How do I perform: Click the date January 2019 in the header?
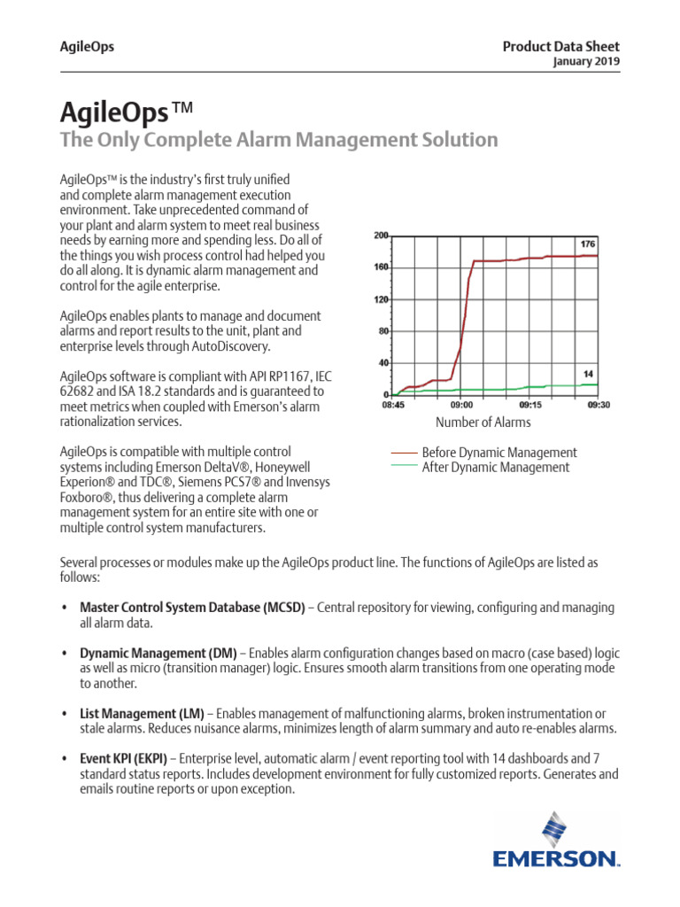click(x=586, y=62)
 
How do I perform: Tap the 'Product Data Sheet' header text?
click(x=561, y=47)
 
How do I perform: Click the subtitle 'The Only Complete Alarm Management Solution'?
click(x=278, y=140)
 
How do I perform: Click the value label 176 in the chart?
click(x=587, y=244)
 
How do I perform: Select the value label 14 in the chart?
click(x=589, y=375)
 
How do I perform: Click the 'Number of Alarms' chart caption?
click(x=483, y=422)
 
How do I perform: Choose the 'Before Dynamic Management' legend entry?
click(x=499, y=453)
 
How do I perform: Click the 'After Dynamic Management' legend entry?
click(x=496, y=467)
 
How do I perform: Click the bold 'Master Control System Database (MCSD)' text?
click(x=192, y=608)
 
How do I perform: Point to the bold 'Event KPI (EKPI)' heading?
click(x=130, y=758)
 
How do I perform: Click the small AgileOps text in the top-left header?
click(x=86, y=47)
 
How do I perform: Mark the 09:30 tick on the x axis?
click(x=599, y=405)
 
